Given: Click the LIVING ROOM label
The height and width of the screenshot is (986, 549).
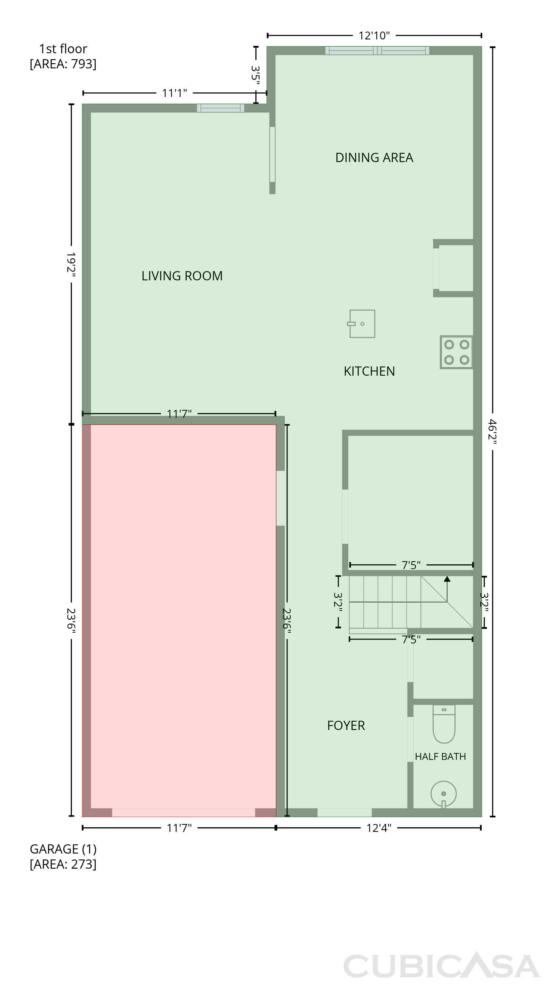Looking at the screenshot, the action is (182, 276).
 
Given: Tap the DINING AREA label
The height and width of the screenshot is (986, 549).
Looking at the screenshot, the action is (374, 158).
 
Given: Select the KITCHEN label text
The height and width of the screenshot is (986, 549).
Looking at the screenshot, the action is (369, 371).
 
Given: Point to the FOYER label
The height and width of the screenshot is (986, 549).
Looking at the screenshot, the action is (346, 726).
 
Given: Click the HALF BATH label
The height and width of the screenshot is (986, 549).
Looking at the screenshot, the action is (440, 757).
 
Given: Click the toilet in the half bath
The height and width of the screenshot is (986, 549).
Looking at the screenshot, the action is (444, 723).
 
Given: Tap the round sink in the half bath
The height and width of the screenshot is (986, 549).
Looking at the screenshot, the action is (444, 794).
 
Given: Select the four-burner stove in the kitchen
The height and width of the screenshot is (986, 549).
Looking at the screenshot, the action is (456, 352).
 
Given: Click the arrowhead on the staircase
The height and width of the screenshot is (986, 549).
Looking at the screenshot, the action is (447, 578).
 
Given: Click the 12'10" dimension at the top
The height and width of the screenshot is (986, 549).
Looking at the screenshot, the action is (374, 35).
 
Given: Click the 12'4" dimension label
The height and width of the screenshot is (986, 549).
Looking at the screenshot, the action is (379, 828).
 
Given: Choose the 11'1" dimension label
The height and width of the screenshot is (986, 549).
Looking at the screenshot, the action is (174, 93).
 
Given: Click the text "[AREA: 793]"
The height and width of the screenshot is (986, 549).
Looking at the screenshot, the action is (63, 64).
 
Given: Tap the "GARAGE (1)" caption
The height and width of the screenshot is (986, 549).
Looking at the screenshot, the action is (63, 849).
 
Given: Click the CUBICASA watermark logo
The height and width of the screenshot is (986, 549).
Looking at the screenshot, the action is (442, 965).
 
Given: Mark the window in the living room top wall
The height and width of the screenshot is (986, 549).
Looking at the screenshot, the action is (220, 108).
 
